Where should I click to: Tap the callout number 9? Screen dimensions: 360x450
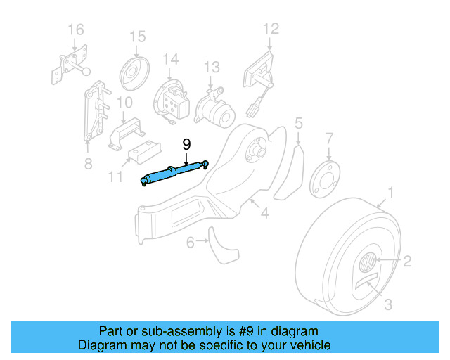click(x=186, y=145)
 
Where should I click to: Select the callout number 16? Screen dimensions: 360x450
click(x=75, y=29)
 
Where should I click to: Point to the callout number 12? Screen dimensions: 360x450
click(x=271, y=29)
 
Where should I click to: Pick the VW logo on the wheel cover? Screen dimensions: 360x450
click(x=367, y=266)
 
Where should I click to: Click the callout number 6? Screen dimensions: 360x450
click(x=190, y=243)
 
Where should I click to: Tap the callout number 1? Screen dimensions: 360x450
click(x=392, y=191)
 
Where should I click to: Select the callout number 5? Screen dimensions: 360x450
click(x=299, y=124)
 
